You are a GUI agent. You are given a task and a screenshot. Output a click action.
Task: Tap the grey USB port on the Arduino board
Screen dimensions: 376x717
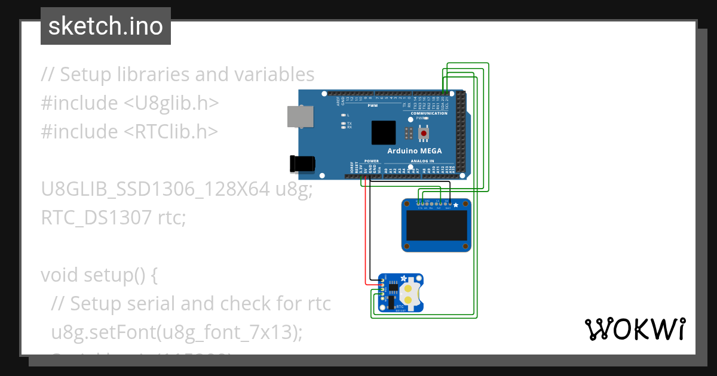click(299, 116)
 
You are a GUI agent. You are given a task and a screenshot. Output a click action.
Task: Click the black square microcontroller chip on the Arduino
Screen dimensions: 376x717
click(383, 132)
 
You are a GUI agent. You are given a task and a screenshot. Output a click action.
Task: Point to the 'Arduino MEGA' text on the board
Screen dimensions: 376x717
click(415, 151)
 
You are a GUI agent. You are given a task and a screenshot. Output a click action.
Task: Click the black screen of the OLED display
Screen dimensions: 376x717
click(436, 227)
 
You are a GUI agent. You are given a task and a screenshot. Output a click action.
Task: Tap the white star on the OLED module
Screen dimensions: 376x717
click(456, 205)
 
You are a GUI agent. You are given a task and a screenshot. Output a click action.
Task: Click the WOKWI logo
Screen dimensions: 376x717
click(635, 329)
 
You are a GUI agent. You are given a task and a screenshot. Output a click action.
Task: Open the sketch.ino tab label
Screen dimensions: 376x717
click(105, 26)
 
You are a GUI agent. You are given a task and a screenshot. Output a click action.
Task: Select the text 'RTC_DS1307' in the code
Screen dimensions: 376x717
click(96, 218)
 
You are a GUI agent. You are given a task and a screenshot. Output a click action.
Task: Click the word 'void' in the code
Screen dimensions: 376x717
click(60, 275)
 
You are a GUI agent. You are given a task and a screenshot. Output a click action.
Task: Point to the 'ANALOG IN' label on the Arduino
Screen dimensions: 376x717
click(422, 161)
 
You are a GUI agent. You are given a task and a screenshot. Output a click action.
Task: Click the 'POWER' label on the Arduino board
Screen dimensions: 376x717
click(371, 161)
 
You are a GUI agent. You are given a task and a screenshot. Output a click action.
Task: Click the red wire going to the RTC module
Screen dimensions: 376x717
click(364, 239)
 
